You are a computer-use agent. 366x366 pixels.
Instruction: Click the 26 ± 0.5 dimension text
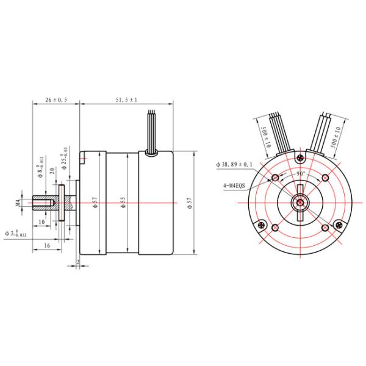[56, 99]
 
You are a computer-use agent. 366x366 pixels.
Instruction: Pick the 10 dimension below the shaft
[42, 222]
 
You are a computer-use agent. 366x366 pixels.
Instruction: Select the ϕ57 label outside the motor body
[190, 202]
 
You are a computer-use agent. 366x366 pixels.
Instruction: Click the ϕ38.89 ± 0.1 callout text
[235, 165]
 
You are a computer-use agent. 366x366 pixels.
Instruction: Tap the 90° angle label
[300, 173]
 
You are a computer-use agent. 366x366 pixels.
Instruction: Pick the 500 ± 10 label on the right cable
[333, 139]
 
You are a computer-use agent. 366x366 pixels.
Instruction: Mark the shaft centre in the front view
[300, 202]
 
